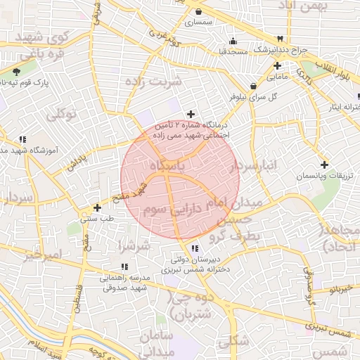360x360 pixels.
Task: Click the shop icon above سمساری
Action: point(199,12)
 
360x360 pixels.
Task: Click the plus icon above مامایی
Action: point(278,65)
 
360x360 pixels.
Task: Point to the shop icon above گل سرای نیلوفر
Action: point(252,86)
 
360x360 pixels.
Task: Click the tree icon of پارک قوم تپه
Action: point(16,71)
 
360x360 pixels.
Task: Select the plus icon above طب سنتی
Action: point(97,207)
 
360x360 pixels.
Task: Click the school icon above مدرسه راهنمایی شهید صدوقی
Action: point(124,266)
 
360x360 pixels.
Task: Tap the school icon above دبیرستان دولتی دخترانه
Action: point(195,248)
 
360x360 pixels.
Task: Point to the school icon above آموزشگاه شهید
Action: point(23,139)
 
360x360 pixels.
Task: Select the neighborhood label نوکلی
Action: point(61,113)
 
